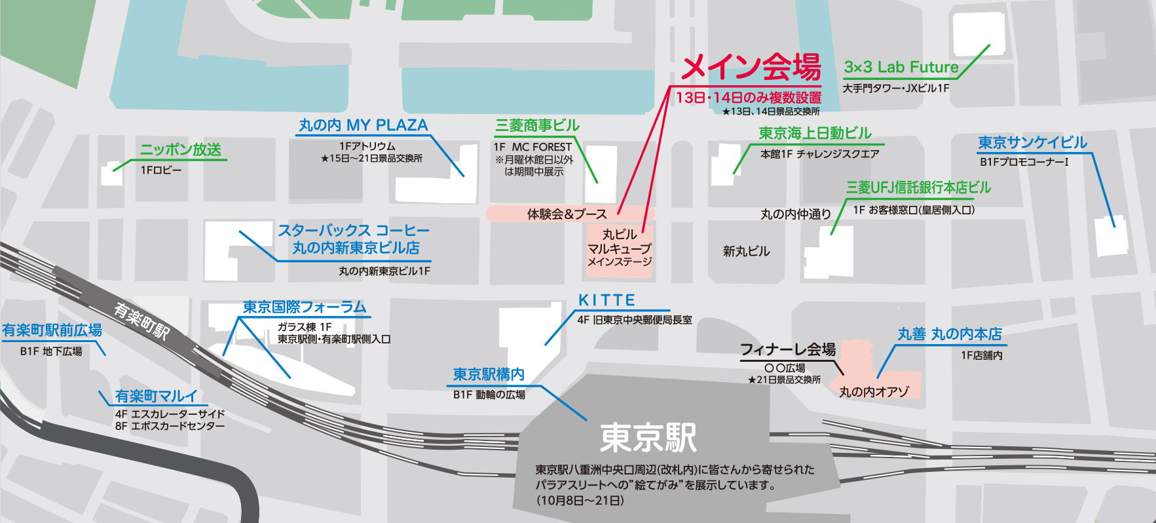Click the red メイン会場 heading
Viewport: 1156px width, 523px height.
tap(751, 66)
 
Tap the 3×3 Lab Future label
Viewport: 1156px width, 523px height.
tap(901, 67)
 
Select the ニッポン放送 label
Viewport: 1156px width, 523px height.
tap(181, 149)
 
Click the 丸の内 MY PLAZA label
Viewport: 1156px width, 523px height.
tap(363, 125)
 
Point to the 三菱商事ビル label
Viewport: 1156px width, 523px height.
tap(538, 125)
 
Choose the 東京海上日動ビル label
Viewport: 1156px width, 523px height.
tap(815, 133)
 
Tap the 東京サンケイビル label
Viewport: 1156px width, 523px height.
tap(1032, 142)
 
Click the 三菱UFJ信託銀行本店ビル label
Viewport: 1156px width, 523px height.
tap(918, 187)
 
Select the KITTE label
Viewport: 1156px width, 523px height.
tap(606, 300)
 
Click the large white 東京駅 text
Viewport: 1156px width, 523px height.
tap(648, 437)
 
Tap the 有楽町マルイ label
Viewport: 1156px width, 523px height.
tap(156, 396)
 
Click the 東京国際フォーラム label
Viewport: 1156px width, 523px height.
tap(305, 307)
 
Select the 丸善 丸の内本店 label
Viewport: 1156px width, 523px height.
tap(950, 334)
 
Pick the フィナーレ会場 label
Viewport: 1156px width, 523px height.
tap(788, 349)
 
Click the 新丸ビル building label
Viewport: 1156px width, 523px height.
tap(746, 251)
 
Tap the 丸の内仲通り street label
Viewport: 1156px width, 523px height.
tap(796, 214)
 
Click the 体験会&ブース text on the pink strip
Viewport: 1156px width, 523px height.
tap(567, 214)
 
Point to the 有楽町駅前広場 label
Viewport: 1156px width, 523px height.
tap(52, 330)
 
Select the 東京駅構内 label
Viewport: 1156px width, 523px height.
tap(489, 374)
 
